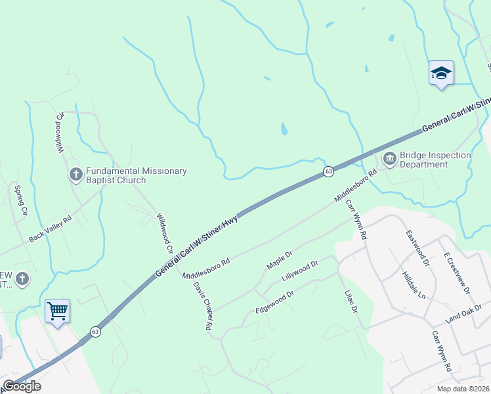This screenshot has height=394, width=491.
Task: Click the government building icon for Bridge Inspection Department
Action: point(389,158)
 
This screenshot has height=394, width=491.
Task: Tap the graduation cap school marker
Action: point(441,74)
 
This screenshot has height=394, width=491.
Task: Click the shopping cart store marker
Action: point(57,311)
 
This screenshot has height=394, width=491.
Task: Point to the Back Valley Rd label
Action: point(49,229)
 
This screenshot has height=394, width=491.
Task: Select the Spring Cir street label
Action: point(20,200)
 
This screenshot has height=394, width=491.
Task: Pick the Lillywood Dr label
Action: point(300,270)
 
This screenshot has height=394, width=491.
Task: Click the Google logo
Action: point(22,386)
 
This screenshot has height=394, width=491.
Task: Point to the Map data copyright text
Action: point(463,389)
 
